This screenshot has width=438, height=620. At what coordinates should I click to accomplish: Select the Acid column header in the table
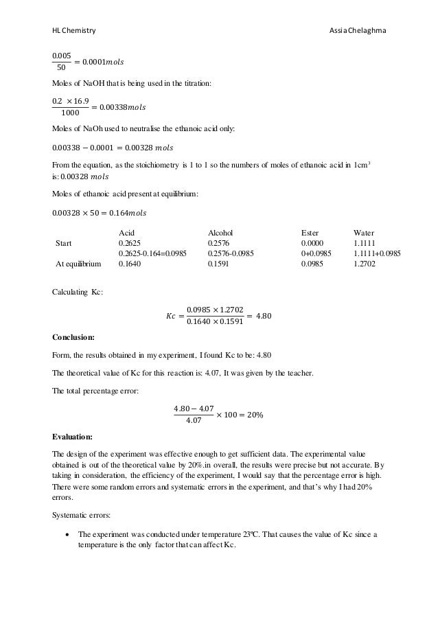coord(127,233)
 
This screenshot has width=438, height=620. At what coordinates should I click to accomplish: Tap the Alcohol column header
coord(221,233)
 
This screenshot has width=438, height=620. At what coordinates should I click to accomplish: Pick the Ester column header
coord(310,233)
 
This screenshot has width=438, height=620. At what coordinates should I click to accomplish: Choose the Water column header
coord(364,233)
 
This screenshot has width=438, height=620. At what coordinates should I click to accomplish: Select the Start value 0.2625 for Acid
coord(130,242)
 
